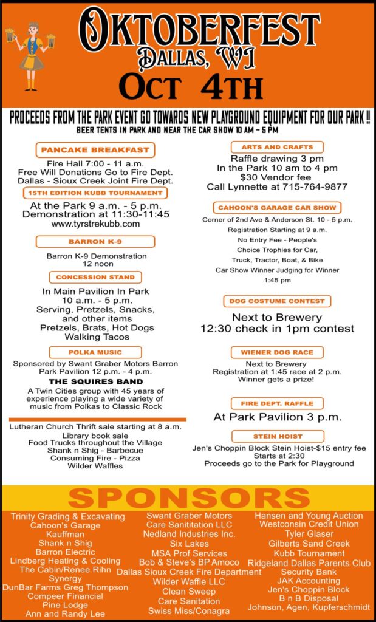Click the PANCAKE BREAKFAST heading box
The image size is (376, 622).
coord(95,150)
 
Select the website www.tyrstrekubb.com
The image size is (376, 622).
coord(95,224)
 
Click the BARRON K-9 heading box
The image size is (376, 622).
coord(95,242)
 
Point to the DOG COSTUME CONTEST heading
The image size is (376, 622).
coord(278,301)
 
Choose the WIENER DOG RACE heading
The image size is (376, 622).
coord(278,352)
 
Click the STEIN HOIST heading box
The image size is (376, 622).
coord(278,437)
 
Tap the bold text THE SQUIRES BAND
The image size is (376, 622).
coord(95,381)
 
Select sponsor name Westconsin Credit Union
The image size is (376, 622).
coord(309,524)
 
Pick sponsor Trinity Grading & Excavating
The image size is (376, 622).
coord(67,517)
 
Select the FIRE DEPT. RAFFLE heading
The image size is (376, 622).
coord(278,403)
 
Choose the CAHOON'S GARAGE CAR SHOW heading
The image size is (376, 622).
coord(278,208)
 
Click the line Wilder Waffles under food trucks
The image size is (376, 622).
coord(95,466)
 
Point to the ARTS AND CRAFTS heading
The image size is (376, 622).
coord(278,147)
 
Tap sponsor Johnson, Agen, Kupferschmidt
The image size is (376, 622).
coord(309,607)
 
